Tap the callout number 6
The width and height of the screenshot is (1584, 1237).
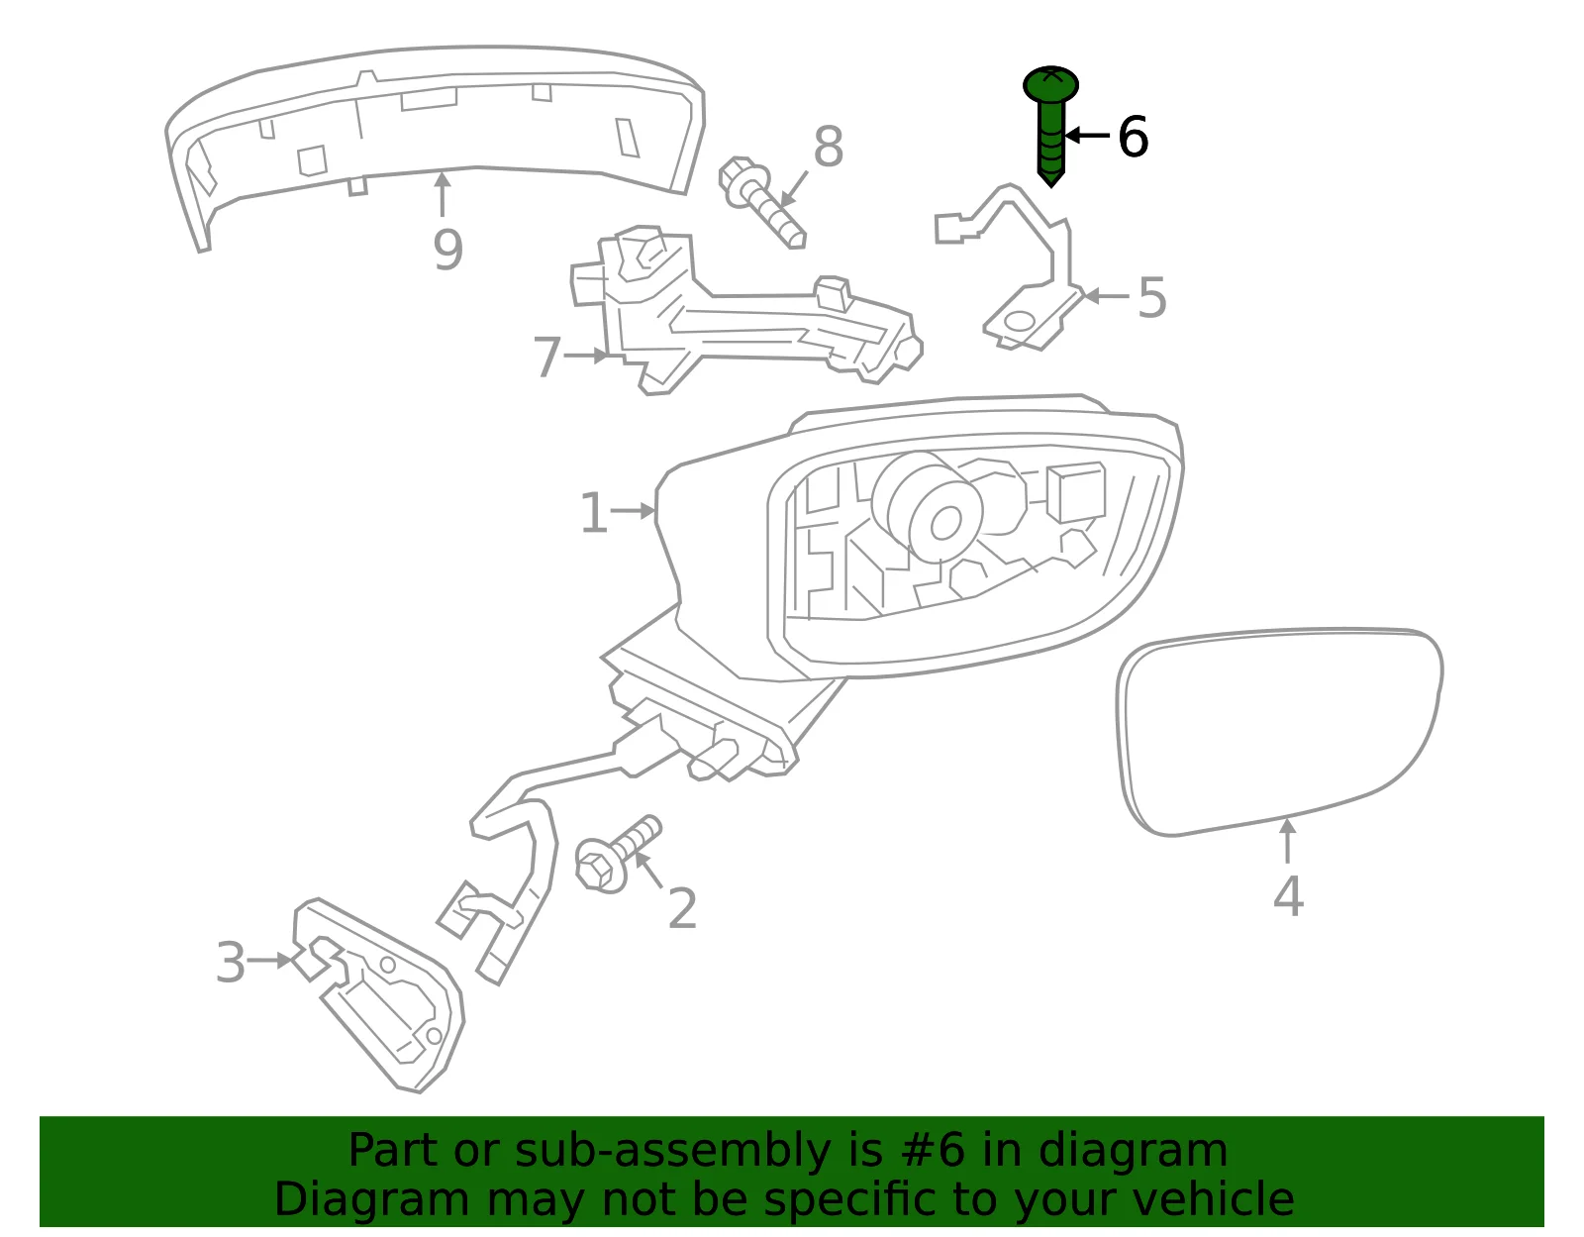click(1133, 137)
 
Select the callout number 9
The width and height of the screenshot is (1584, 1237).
click(447, 250)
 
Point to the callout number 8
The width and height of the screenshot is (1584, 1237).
click(829, 146)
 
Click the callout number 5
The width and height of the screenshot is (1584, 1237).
click(1151, 297)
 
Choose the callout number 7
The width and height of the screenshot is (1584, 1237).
click(547, 358)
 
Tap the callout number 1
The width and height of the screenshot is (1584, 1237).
click(593, 513)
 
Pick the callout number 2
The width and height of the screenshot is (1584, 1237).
click(682, 908)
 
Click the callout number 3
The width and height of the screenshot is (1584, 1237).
click(231, 963)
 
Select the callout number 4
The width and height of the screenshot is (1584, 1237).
click(1288, 896)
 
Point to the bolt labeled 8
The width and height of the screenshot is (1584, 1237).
click(761, 202)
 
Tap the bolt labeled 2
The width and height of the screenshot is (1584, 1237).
click(618, 854)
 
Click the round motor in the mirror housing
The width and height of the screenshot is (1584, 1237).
click(928, 507)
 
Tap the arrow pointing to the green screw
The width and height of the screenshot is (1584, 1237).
click(1087, 135)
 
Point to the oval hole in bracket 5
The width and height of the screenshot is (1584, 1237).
click(1019, 321)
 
